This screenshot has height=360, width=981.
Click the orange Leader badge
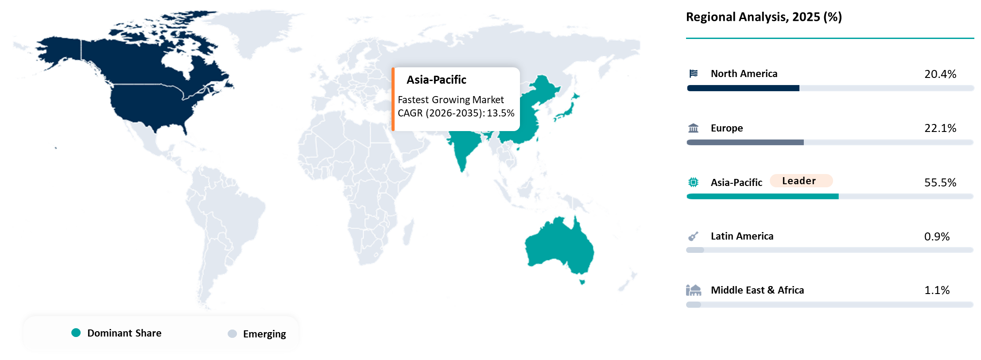pos(801,181)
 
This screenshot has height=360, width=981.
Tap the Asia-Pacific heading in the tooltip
pos(436,80)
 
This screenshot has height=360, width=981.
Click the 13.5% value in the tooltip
pos(500,113)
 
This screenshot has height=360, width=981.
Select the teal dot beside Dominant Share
pos(76,333)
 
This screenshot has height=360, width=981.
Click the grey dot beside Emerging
pos(232,333)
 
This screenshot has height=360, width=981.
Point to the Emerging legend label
pos(264,334)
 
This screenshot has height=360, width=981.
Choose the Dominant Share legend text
pos(124,333)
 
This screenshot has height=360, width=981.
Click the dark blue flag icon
pos(694,74)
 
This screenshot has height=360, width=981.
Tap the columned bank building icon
pos(694,128)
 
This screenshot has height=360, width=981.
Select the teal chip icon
pos(694,182)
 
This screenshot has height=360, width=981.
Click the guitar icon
pos(693,236)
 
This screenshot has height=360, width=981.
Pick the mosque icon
pos(694,290)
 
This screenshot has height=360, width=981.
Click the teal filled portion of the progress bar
pos(762,196)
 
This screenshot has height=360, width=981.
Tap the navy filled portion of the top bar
pos(743,88)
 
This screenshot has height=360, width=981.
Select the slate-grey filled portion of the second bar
pos(745,142)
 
